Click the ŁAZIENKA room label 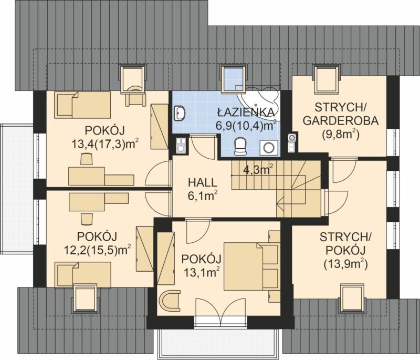(x=246, y=112)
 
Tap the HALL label (x=202, y=183)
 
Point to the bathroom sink (x=180, y=113)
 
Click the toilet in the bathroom (x=240, y=146)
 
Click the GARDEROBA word (x=340, y=121)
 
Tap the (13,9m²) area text (x=345, y=264)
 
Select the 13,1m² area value (x=202, y=273)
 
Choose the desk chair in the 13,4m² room (x=87, y=159)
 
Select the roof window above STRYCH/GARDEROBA (x=326, y=79)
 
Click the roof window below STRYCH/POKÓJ (x=353, y=299)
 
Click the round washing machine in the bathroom (x=268, y=148)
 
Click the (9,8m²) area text (x=340, y=134)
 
